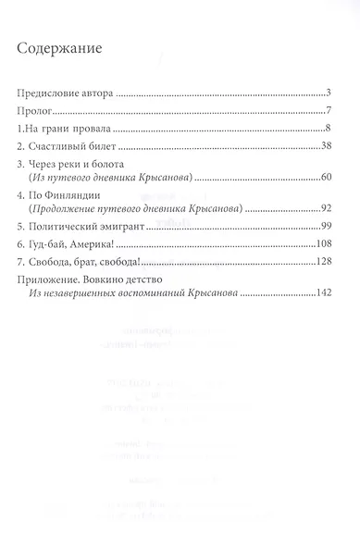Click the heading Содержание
click(x=63, y=45)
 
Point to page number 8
click(x=329, y=129)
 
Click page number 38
click(x=327, y=147)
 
